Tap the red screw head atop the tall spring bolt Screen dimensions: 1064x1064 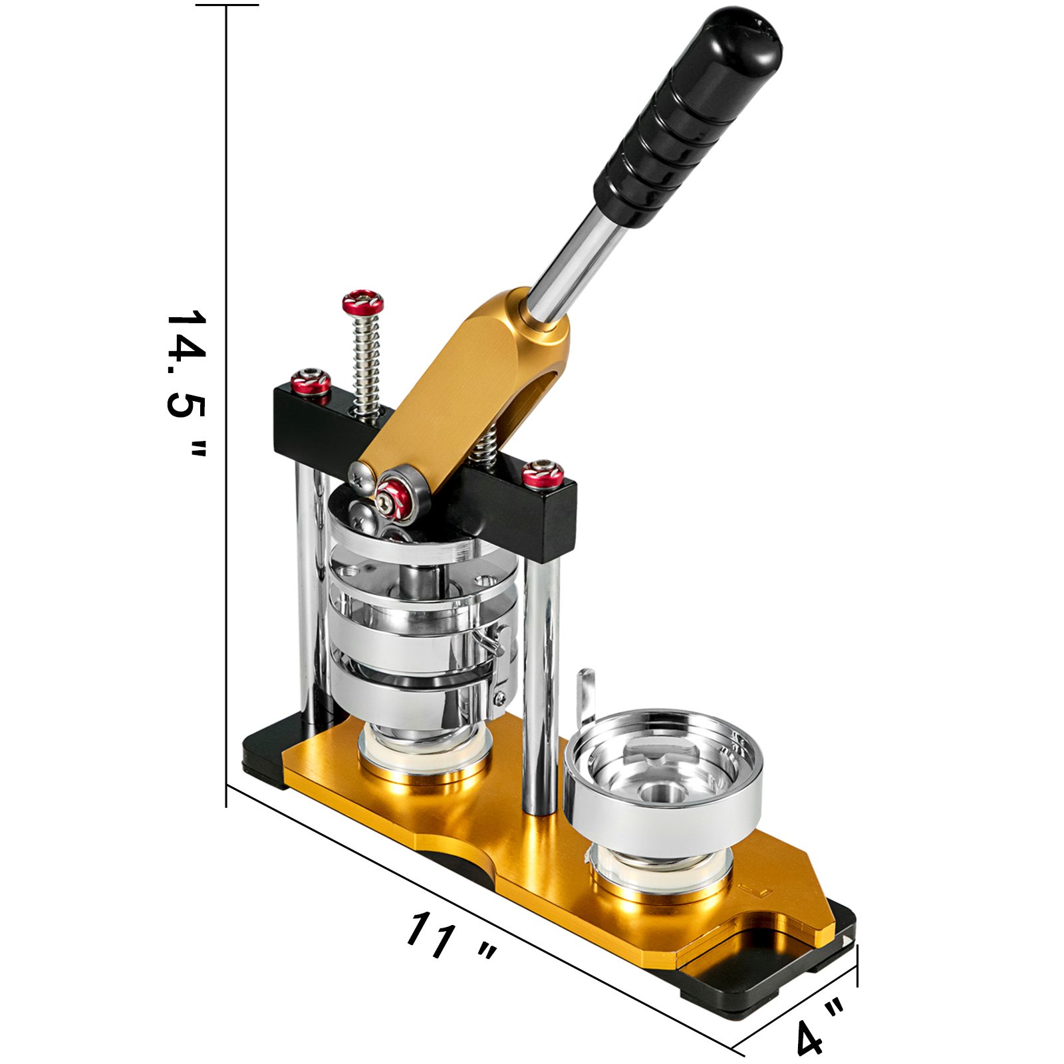(362, 303)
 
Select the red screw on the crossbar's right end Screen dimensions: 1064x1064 (543, 473)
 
